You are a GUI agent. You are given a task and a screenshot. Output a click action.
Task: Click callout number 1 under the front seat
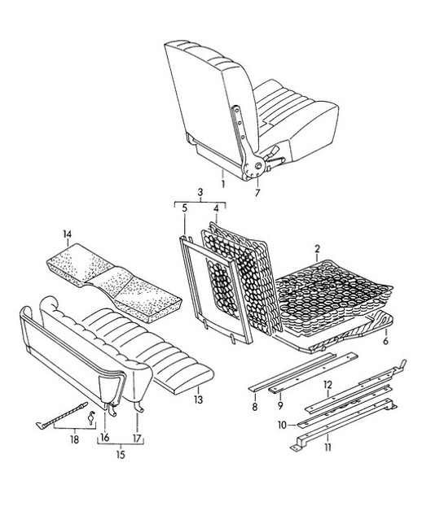(223, 184)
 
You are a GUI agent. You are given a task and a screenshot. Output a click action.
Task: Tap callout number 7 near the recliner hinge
(257, 193)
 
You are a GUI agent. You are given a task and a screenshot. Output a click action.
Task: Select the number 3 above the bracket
(200, 192)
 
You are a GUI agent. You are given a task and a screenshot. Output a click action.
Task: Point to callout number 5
(185, 208)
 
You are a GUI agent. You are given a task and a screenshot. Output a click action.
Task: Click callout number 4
(216, 208)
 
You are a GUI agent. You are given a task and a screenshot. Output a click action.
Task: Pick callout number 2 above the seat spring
(317, 249)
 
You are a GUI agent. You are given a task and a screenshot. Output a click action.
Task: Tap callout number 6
(385, 341)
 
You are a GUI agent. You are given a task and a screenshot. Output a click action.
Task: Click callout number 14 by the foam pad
(67, 234)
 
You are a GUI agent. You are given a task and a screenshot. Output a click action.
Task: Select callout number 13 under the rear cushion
(198, 400)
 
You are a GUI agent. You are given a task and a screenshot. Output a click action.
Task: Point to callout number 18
(74, 439)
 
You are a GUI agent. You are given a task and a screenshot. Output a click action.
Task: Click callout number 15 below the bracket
(121, 454)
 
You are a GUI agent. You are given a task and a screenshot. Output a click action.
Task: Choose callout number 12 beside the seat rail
(328, 385)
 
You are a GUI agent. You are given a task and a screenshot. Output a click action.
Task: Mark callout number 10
(282, 425)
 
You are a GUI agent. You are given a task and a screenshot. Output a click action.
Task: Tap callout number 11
(328, 448)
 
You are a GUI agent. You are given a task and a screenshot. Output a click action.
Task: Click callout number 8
(254, 406)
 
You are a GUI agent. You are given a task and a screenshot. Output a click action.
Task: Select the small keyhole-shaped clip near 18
(91, 417)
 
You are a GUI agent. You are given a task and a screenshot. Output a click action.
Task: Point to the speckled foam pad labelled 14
(114, 283)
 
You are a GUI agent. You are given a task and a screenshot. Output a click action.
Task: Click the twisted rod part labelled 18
(62, 414)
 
